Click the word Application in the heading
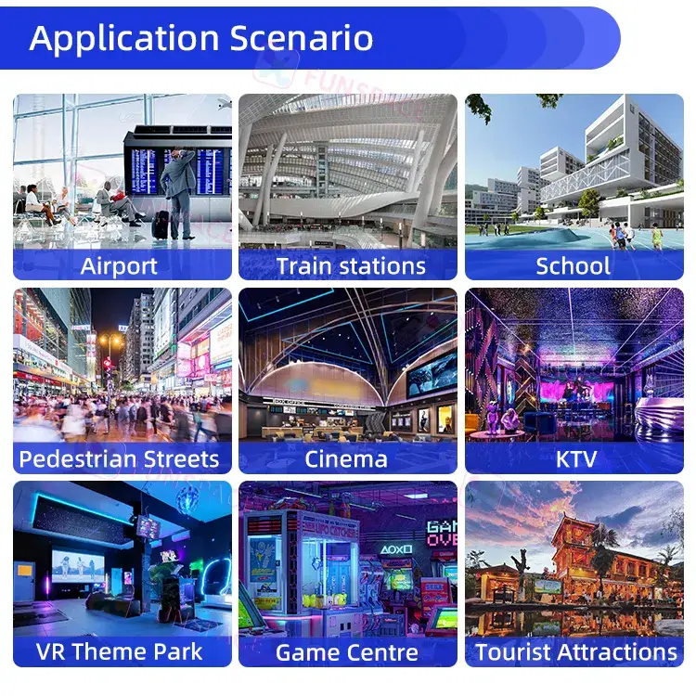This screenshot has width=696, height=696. click(124, 40)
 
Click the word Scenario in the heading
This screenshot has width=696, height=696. click(302, 38)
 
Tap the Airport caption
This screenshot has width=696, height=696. click(119, 266)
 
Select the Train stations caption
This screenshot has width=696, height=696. click(351, 266)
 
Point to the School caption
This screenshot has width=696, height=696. click(574, 266)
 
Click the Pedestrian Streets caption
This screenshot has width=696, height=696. click(119, 459)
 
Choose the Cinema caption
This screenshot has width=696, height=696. click(346, 459)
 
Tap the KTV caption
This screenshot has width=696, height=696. click(576, 459)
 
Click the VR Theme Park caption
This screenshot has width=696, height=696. click(119, 651)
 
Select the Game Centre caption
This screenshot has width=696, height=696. click(347, 652)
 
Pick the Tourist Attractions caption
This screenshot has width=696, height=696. click(576, 652)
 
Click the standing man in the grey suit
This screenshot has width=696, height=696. click(178, 194)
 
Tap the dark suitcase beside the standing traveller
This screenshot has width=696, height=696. click(161, 225)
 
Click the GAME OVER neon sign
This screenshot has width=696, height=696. click(442, 534)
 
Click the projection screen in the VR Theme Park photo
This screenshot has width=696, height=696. click(78, 566)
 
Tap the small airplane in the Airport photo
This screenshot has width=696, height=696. click(226, 105)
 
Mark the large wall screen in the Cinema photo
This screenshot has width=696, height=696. click(432, 374)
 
